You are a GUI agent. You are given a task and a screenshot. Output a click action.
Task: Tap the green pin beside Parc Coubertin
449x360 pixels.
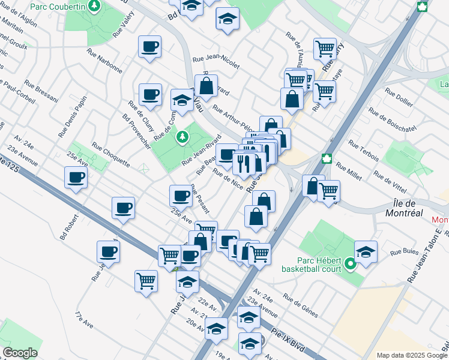point(94,6)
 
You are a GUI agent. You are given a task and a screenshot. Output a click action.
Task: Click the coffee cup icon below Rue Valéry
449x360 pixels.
point(150,47)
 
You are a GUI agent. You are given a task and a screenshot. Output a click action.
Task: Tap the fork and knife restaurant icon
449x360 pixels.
point(244,163)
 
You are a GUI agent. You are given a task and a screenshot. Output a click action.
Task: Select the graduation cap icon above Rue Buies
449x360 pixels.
point(366,251)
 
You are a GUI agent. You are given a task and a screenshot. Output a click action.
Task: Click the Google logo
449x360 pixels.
point(19,353)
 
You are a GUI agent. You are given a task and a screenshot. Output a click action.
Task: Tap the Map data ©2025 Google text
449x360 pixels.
point(412,355)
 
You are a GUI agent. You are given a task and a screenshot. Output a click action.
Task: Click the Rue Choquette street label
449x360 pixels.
point(110,154)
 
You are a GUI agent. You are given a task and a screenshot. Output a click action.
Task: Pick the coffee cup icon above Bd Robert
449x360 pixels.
point(76,177)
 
